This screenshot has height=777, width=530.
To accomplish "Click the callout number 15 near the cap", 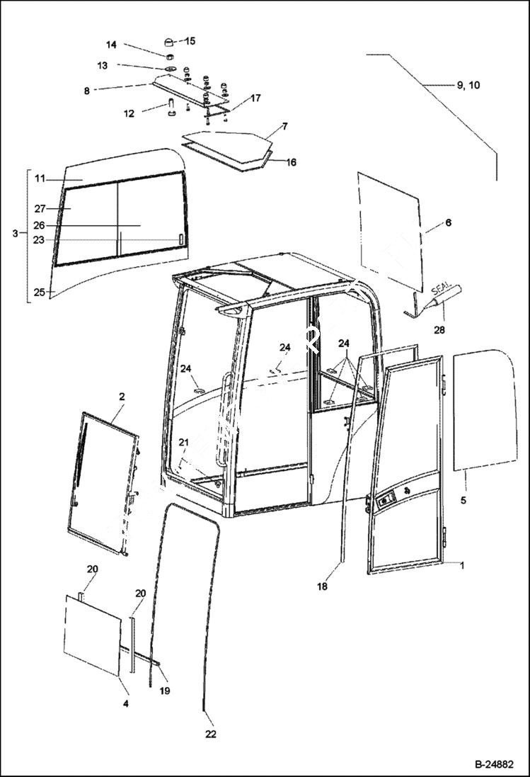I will pyautogui.click(x=190, y=41).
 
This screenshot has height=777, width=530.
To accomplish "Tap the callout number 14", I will pyautogui.click(x=111, y=45).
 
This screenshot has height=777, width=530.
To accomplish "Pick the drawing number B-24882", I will pyautogui.click(x=493, y=765).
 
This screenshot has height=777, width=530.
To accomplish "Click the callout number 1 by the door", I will pyautogui.click(x=462, y=565).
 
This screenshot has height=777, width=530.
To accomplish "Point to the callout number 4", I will pyautogui.click(x=125, y=704).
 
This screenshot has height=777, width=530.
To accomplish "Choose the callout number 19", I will pyautogui.click(x=164, y=690).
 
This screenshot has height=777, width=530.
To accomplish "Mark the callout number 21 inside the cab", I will pyautogui.click(x=183, y=443).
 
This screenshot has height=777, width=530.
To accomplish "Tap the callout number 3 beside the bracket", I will pyautogui.click(x=16, y=232).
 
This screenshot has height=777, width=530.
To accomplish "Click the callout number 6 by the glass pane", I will pyautogui.click(x=447, y=222).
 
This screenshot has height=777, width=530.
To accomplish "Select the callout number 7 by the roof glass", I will pyautogui.click(x=284, y=127).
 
